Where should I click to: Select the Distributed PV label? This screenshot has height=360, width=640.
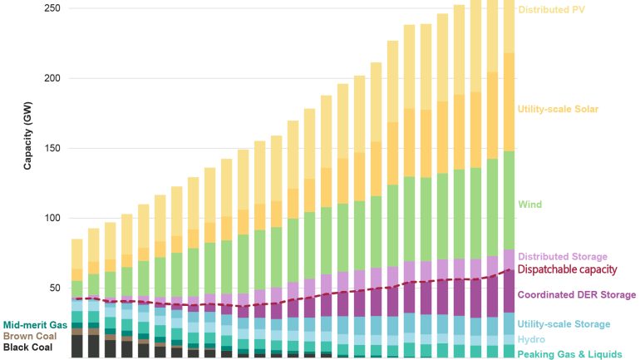tap(553, 10)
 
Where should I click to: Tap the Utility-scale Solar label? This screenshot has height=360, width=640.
tap(558, 109)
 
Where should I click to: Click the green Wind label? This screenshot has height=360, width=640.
tap(529, 204)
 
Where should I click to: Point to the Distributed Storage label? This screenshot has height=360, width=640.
tap(562, 256)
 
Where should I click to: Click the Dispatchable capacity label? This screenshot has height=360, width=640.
tap(567, 269)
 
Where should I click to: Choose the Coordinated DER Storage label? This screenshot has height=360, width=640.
tap(576, 294)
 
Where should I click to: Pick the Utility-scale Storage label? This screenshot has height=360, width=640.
tap(564, 323)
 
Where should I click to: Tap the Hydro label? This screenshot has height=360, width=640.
tap(531, 339)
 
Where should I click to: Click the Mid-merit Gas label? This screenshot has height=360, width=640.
tap(36, 324)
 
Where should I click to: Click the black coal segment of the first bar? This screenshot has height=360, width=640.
tap(77, 346)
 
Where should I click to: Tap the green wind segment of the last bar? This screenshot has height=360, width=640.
tap(509, 200)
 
